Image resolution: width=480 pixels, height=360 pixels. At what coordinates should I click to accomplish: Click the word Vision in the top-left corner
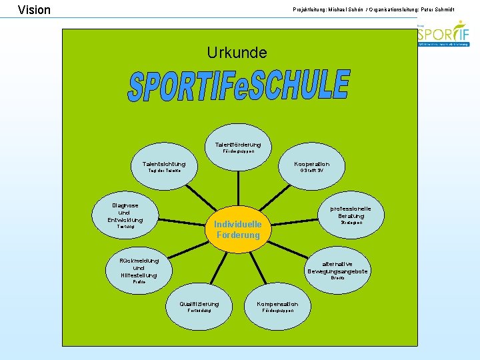point(34,10)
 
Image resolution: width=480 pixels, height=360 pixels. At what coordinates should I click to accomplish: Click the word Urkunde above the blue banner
point(237,53)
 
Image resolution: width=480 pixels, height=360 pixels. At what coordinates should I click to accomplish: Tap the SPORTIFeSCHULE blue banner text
point(239,86)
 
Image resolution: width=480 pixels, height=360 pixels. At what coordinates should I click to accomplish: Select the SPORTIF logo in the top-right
point(443,33)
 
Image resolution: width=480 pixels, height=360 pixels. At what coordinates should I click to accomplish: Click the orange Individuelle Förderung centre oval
point(238,229)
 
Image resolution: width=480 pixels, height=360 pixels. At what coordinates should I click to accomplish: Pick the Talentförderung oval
point(238,147)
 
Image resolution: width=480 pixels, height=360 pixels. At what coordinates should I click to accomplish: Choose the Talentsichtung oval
point(164,167)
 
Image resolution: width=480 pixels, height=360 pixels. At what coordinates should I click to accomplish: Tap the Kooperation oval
point(312,167)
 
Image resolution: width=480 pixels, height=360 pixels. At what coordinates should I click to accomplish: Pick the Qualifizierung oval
point(199,307)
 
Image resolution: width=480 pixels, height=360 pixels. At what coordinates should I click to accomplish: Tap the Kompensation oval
point(278,307)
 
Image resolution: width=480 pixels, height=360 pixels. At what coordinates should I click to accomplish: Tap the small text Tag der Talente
point(164,171)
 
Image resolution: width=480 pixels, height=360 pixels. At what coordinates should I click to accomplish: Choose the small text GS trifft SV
point(312,171)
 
